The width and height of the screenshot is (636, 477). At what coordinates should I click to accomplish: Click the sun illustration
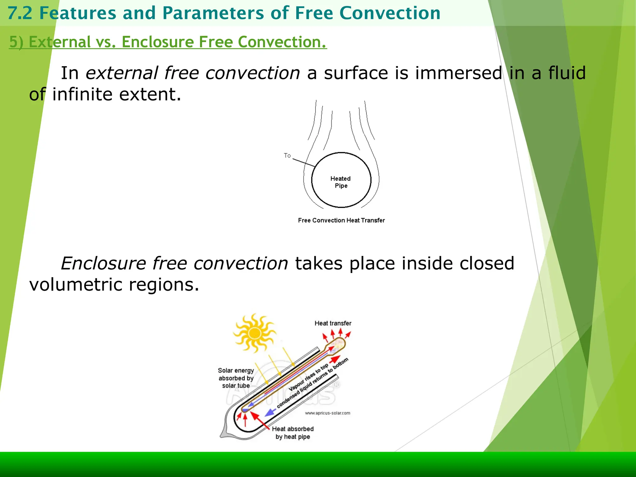(255, 333)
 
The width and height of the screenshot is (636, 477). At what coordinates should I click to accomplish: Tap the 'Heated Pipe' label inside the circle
(341, 182)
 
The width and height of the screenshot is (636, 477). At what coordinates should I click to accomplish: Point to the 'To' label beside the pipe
(287, 155)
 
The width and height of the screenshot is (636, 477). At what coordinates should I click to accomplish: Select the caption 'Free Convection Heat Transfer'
(341, 220)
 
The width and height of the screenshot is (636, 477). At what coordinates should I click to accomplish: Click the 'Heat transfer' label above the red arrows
(333, 323)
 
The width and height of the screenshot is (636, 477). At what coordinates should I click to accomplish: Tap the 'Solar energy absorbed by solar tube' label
(236, 378)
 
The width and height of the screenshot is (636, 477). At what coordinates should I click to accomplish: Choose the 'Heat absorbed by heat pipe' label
(293, 433)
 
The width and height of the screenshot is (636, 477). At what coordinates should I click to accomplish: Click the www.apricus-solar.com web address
(328, 413)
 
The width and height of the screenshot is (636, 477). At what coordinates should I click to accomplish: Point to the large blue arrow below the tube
(270, 412)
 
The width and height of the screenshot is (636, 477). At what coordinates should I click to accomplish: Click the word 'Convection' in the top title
(390, 13)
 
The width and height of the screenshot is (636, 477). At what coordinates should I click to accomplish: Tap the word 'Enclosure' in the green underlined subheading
(158, 42)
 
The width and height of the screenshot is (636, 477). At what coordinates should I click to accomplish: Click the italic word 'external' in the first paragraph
(122, 73)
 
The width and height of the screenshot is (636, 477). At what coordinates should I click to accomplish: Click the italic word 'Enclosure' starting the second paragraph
(103, 263)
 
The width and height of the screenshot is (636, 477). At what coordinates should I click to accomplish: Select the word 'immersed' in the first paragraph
(458, 73)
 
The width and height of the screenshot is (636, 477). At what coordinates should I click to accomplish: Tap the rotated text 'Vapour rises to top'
(308, 377)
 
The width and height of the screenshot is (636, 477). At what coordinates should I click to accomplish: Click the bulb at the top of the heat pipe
(338, 343)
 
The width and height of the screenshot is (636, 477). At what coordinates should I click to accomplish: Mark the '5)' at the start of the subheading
(16, 42)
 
